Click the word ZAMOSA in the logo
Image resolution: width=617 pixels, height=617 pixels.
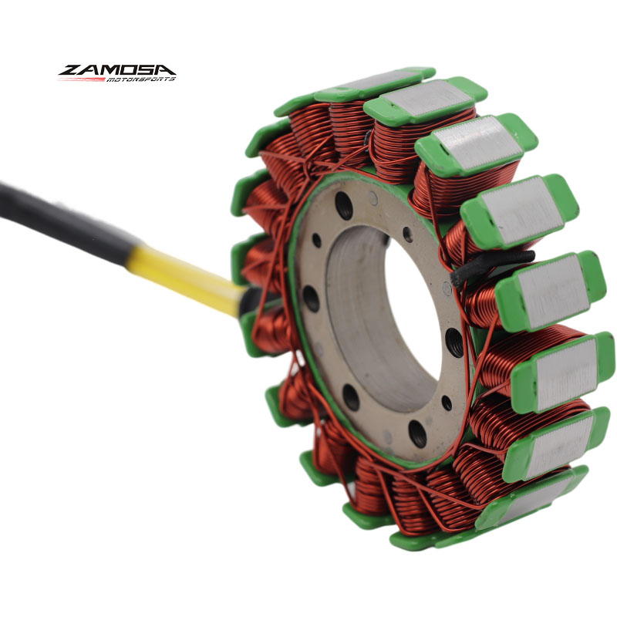[x=117, y=70]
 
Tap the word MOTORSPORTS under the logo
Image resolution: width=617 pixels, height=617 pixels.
[x=140, y=79]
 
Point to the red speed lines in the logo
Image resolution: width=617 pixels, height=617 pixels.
[x=82, y=79]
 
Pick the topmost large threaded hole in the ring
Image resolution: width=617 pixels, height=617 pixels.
[x=343, y=205]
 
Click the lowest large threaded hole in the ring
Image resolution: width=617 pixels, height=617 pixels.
[x=417, y=433]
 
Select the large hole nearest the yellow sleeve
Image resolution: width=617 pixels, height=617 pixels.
[x=312, y=299]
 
